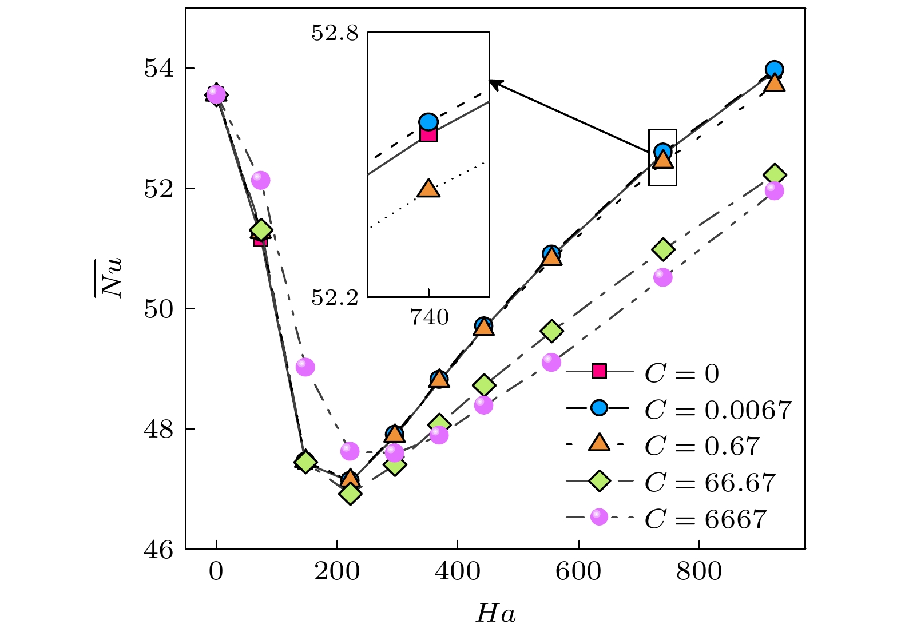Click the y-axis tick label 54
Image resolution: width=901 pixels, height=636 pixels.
(x=158, y=69)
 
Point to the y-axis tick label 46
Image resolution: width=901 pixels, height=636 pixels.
(x=158, y=550)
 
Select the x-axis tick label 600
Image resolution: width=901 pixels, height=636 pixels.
(x=578, y=571)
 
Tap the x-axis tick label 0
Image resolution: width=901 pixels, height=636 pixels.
(x=216, y=571)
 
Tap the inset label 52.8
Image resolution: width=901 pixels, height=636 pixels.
(x=335, y=33)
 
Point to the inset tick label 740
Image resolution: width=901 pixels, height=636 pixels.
(x=429, y=317)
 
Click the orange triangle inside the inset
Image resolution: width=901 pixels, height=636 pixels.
(x=428, y=188)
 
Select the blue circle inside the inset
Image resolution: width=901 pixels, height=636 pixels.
(x=428, y=121)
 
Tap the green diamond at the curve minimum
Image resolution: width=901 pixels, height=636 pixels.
(x=350, y=493)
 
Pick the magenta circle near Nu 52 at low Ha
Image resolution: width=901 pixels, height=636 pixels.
(x=260, y=180)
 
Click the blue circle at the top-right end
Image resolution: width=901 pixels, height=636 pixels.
(x=774, y=69)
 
